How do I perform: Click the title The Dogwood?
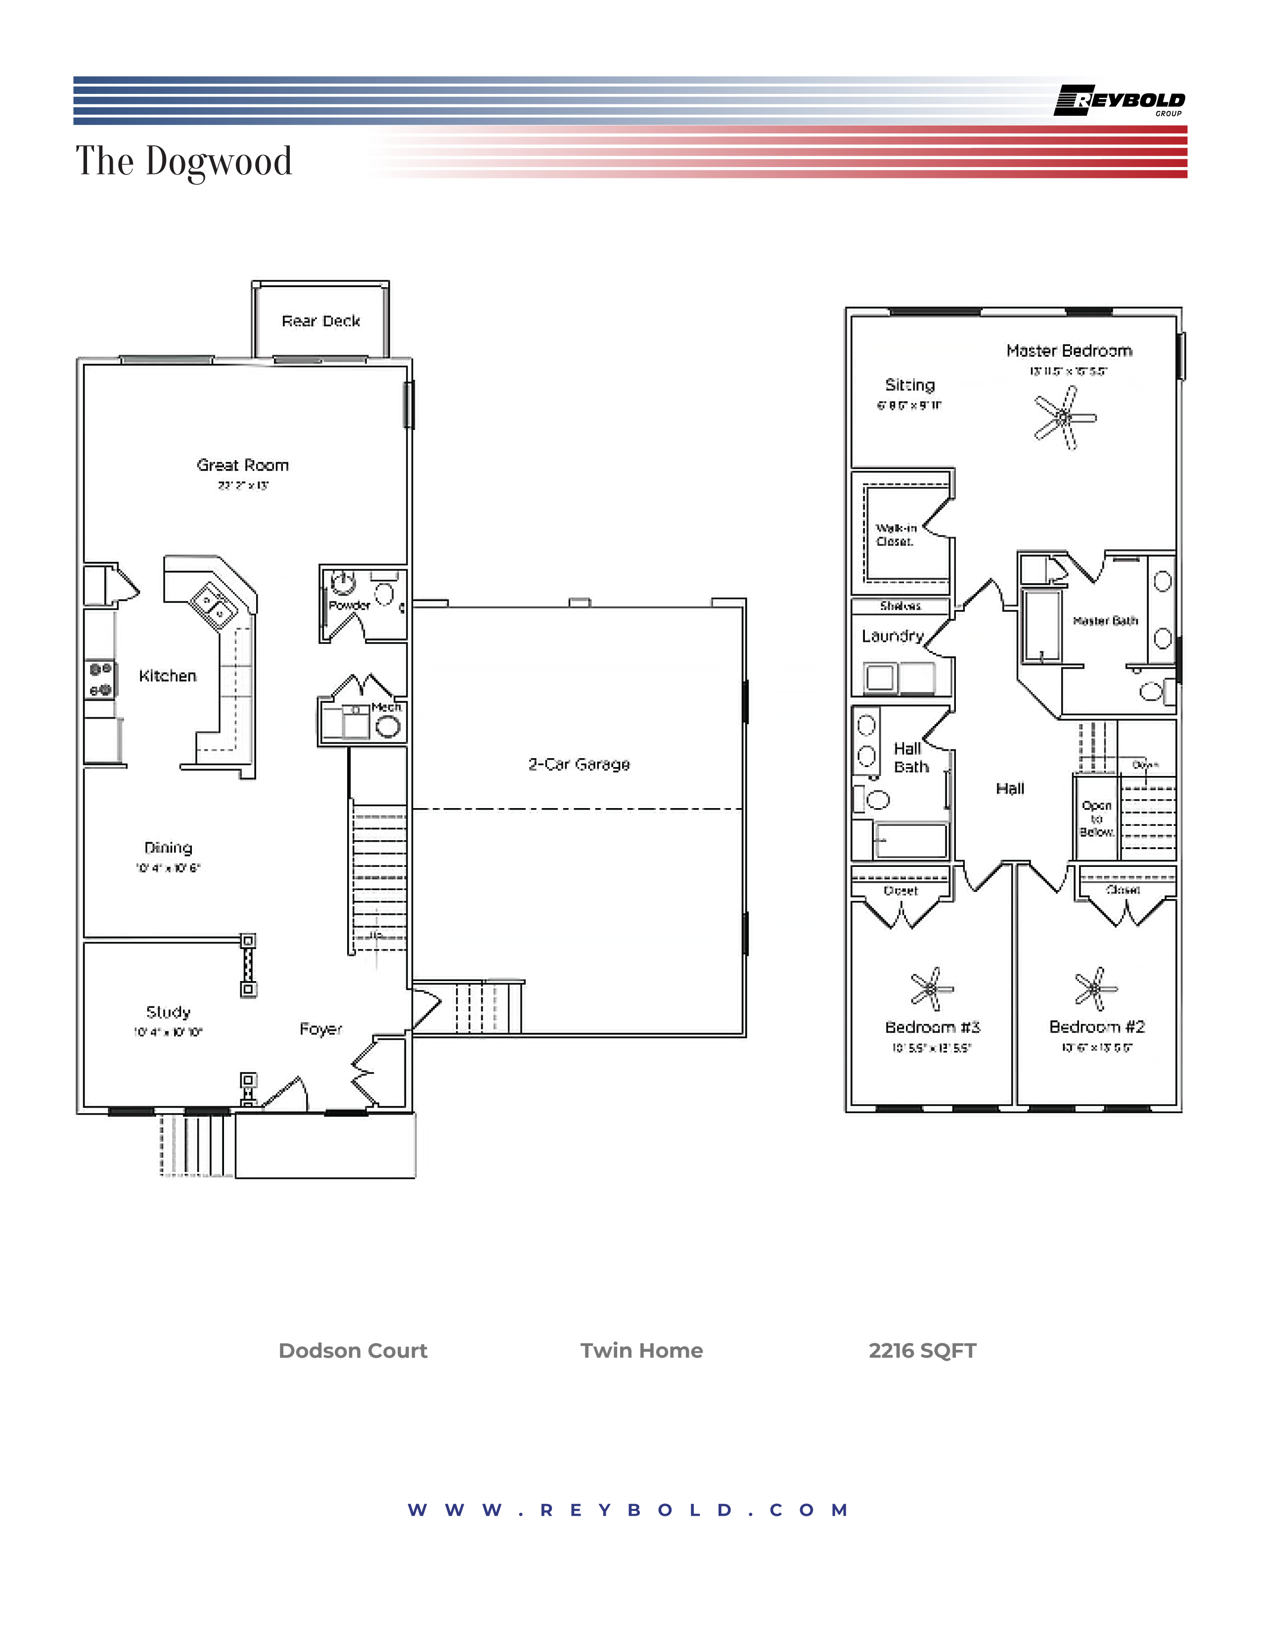[184, 161]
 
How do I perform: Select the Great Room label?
[243, 465]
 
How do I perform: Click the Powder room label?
[349, 605]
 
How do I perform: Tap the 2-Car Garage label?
[579, 764]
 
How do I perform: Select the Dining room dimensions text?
[168, 868]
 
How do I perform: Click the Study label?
[168, 1012]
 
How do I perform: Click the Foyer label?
[320, 1029]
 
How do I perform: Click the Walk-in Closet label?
[896, 535]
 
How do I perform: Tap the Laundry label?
[893, 636]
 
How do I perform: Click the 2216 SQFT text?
[922, 1351]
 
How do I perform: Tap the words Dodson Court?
[353, 1351]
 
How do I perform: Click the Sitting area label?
[909, 386]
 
